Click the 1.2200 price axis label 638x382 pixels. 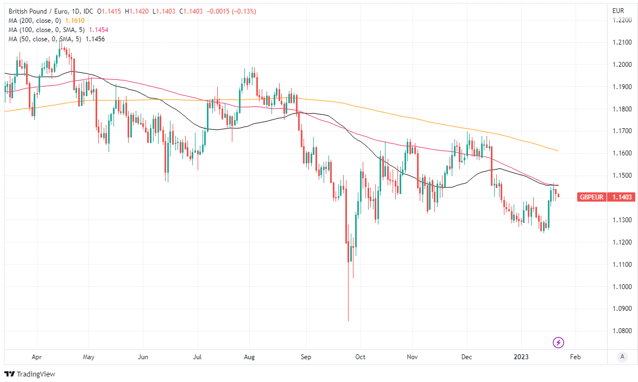pos(621,20)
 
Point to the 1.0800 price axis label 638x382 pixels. pos(621,331)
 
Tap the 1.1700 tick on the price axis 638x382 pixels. pos(621,131)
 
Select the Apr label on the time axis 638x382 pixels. pos(37,357)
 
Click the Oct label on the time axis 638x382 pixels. pos(360,357)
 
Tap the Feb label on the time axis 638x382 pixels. pos(576,357)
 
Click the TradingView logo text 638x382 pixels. pos(36,374)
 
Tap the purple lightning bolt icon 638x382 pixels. pos(558,342)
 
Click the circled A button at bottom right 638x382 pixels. pos(622,357)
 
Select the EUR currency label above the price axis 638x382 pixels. pos(618,11)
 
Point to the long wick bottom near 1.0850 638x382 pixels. pos(348,320)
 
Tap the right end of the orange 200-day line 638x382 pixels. pos(558,151)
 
